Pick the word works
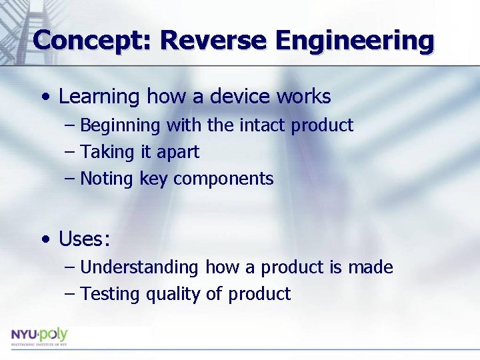click(303, 97)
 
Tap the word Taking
click(107, 152)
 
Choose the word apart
click(178, 152)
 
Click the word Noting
click(108, 179)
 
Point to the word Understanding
click(139, 267)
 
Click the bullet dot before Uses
click(44, 239)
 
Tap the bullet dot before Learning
click(44, 97)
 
